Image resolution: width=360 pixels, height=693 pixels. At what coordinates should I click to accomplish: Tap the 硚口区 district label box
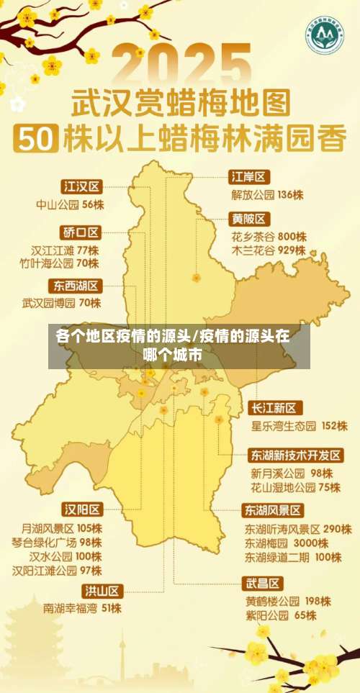[x=81, y=232]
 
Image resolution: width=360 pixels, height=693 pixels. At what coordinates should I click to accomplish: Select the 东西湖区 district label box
[x=76, y=285]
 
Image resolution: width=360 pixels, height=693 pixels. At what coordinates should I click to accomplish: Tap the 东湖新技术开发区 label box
[x=295, y=456]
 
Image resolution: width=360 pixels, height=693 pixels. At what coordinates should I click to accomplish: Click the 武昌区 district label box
[x=264, y=583]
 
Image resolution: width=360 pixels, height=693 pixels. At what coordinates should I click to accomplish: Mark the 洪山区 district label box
[x=102, y=591]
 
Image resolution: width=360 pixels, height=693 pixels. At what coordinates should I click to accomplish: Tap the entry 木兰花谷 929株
[x=269, y=250]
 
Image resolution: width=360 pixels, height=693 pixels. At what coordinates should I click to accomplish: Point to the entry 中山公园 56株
[x=70, y=204]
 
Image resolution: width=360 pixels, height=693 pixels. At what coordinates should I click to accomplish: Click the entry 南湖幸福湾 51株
[x=82, y=608]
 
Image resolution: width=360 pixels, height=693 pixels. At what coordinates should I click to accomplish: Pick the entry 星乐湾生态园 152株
[x=299, y=426]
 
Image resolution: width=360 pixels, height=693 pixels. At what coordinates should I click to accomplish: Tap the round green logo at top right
[x=323, y=32]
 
